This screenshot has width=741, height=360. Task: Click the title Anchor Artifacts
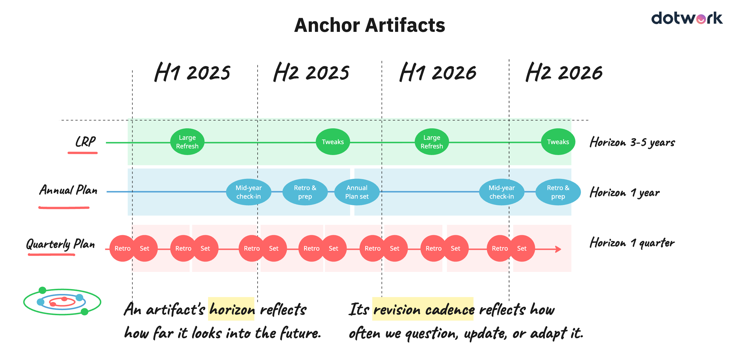point(369,25)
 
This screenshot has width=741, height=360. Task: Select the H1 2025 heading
point(192,72)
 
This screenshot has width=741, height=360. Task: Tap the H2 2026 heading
point(563,72)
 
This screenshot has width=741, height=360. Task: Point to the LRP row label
point(85,142)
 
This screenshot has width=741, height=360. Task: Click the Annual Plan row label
point(68,190)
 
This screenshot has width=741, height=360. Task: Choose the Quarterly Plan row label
point(61,244)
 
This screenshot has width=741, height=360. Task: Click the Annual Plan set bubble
point(357,192)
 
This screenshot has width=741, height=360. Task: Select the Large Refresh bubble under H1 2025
point(187,142)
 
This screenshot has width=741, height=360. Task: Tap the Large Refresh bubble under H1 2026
point(431,142)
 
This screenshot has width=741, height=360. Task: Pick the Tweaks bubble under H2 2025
point(333,142)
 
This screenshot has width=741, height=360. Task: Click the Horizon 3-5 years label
point(632,142)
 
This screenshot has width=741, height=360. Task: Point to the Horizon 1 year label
point(625,193)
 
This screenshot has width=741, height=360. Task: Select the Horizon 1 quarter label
point(632,243)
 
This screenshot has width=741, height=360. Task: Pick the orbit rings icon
point(62,301)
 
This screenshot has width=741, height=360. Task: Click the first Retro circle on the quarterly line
point(122,248)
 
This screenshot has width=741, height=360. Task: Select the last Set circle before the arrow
point(522,248)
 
